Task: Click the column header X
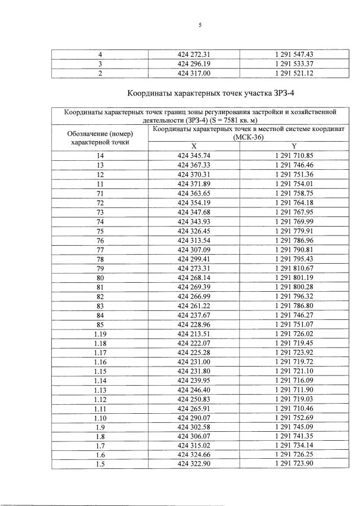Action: point(193,146)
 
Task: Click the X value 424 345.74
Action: point(193,155)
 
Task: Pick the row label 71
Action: point(101,193)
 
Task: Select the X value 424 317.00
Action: point(193,74)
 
